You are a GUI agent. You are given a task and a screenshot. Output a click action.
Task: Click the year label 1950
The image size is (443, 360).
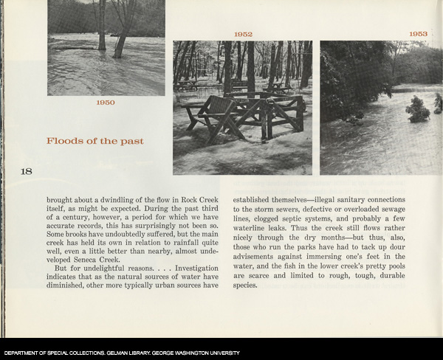106,103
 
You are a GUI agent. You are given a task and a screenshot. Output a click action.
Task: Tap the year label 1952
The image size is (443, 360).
243,35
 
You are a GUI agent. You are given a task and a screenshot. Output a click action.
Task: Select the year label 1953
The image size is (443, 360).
419,34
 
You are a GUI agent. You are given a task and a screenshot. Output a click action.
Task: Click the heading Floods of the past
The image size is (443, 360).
95,141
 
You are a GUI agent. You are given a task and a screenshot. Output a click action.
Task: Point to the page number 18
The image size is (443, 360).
26,171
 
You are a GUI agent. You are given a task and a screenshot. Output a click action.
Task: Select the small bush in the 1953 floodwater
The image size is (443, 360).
418,110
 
